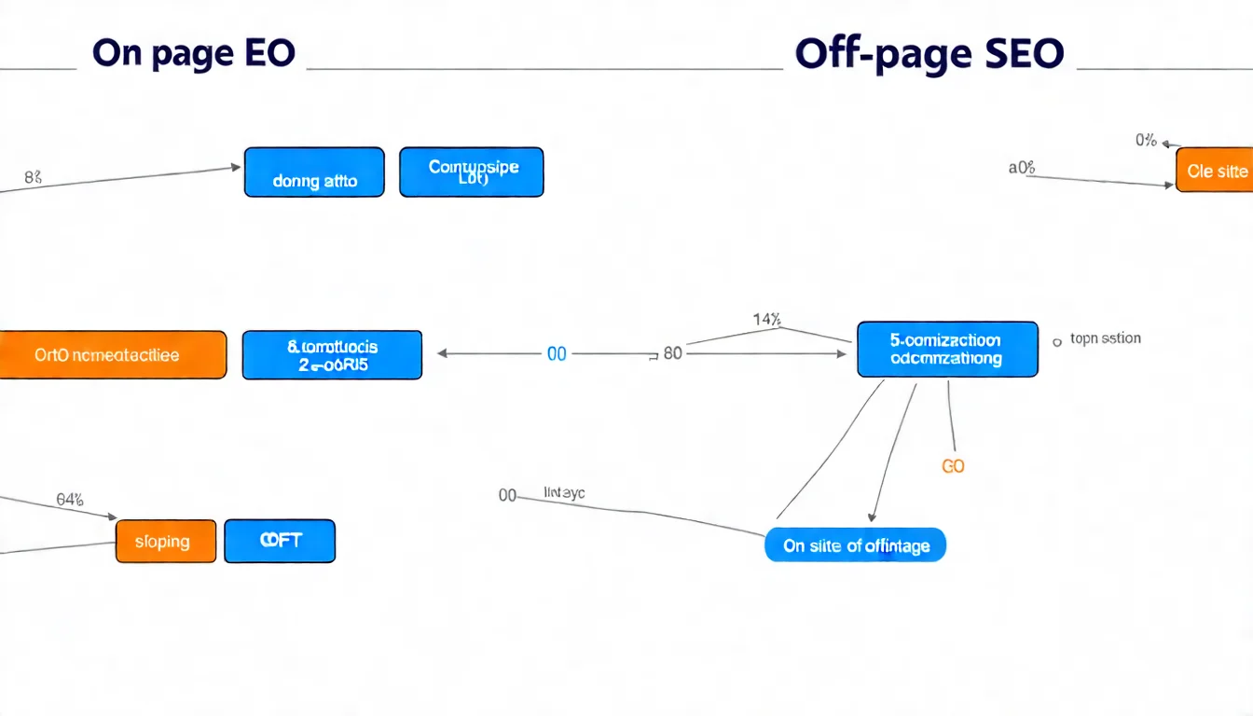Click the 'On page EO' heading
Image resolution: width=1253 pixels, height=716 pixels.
[194, 54]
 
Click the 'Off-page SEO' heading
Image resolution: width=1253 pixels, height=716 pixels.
[929, 54]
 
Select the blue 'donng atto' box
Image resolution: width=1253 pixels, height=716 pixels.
[314, 172]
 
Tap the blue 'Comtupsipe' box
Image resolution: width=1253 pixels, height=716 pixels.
[472, 172]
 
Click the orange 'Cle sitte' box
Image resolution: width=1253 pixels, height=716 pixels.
[1216, 171]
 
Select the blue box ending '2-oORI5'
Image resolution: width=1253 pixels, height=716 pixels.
[332, 355]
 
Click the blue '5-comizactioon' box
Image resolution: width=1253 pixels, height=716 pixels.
[946, 350]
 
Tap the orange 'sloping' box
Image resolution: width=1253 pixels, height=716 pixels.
[165, 542]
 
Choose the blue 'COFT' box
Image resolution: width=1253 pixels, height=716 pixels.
[280, 542]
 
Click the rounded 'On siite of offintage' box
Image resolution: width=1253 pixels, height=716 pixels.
[855, 545]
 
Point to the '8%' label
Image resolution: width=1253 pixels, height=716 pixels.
[32, 174]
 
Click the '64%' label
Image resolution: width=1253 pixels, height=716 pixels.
[70, 500]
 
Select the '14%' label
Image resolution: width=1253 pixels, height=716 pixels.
[766, 320]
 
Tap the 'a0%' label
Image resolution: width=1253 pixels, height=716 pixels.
[1022, 168]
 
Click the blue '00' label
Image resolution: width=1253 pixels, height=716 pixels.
[557, 354]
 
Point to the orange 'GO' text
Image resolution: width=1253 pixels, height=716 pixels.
[953, 466]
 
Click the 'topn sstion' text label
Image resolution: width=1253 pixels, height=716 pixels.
[1105, 338]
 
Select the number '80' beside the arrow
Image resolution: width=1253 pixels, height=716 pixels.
[672, 354]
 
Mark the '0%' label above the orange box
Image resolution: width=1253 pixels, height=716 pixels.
[1146, 141]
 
